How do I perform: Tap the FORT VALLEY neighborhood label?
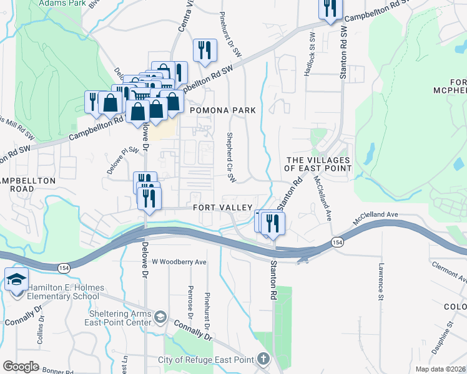(x=222, y=208)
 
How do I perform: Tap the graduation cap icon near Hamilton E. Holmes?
(x=16, y=280)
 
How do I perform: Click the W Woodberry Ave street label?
(x=179, y=262)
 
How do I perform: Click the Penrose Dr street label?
(x=190, y=300)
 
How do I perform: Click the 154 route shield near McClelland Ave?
(x=338, y=242)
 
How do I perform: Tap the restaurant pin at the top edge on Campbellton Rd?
(x=329, y=8)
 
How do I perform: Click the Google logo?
(x=21, y=367)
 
